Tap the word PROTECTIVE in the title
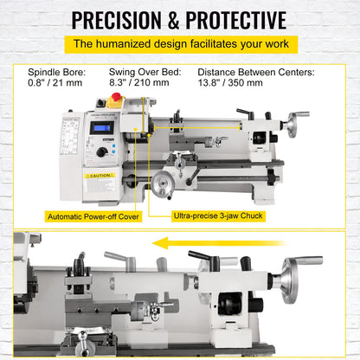click(x=233, y=19)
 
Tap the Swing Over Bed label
click(x=145, y=74)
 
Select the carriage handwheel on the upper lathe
click(x=162, y=180)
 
